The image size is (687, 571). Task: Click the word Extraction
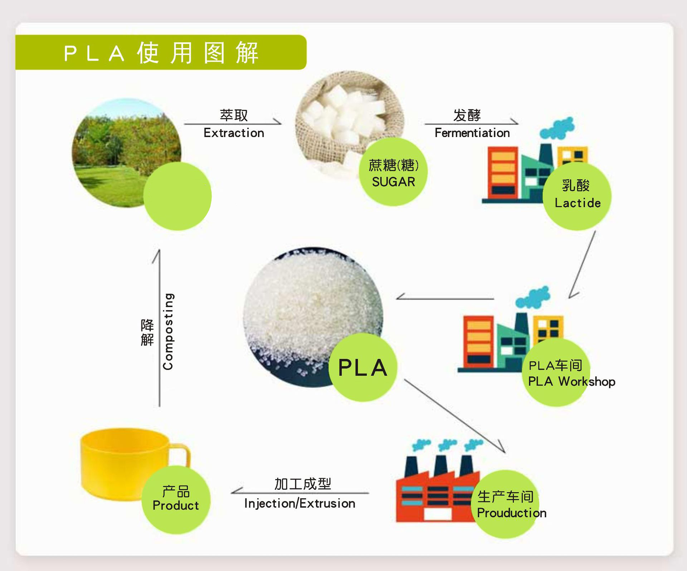coord(234,133)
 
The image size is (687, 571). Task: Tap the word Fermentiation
coord(472,133)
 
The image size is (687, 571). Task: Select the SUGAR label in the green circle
coord(393,182)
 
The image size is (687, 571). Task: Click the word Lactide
coord(578,203)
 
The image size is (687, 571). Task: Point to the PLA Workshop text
coord(571,381)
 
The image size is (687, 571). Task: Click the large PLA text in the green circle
coord(362,368)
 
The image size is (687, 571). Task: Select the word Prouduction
coord(511,513)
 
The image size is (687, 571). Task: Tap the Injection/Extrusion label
coord(299,504)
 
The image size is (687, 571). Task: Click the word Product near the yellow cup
coord(175,506)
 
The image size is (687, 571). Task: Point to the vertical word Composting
coord(168,331)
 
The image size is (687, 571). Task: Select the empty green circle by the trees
coord(177,196)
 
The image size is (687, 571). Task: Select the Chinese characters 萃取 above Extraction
coord(234,115)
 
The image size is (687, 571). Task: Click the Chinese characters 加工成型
coord(303,484)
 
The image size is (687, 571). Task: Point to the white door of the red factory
coord(438,514)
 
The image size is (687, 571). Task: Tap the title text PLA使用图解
coord(161,53)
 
